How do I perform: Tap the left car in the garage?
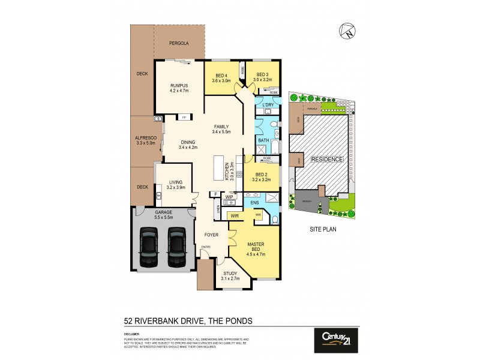[x=148, y=247]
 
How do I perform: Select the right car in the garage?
[x=177, y=247]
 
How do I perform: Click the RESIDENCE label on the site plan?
[x=327, y=160]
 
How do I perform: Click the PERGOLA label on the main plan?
[x=178, y=43]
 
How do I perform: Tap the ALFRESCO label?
[x=145, y=140]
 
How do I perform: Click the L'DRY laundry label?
[x=268, y=106]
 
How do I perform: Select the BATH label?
[x=263, y=140]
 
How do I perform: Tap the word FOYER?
[x=211, y=235]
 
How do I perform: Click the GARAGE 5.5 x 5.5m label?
[x=164, y=215]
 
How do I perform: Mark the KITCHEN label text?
[x=227, y=172]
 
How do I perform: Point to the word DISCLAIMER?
[x=132, y=333]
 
